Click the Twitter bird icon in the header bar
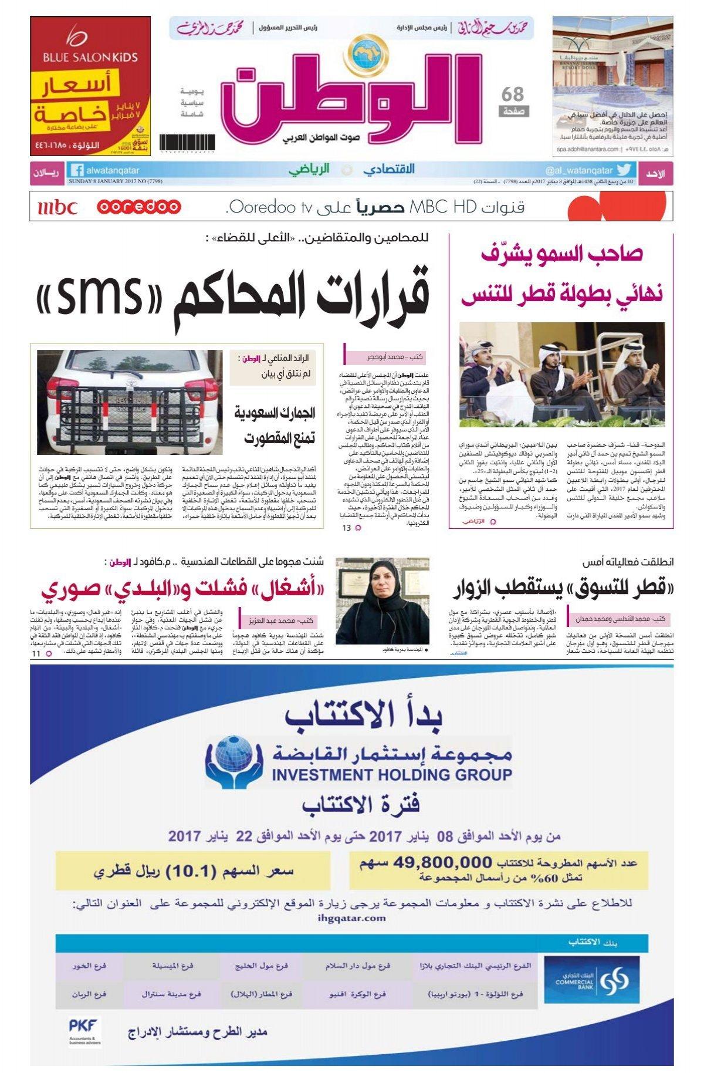click(x=624, y=170)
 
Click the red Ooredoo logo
click(x=139, y=207)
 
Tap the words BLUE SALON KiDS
click(x=90, y=58)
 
